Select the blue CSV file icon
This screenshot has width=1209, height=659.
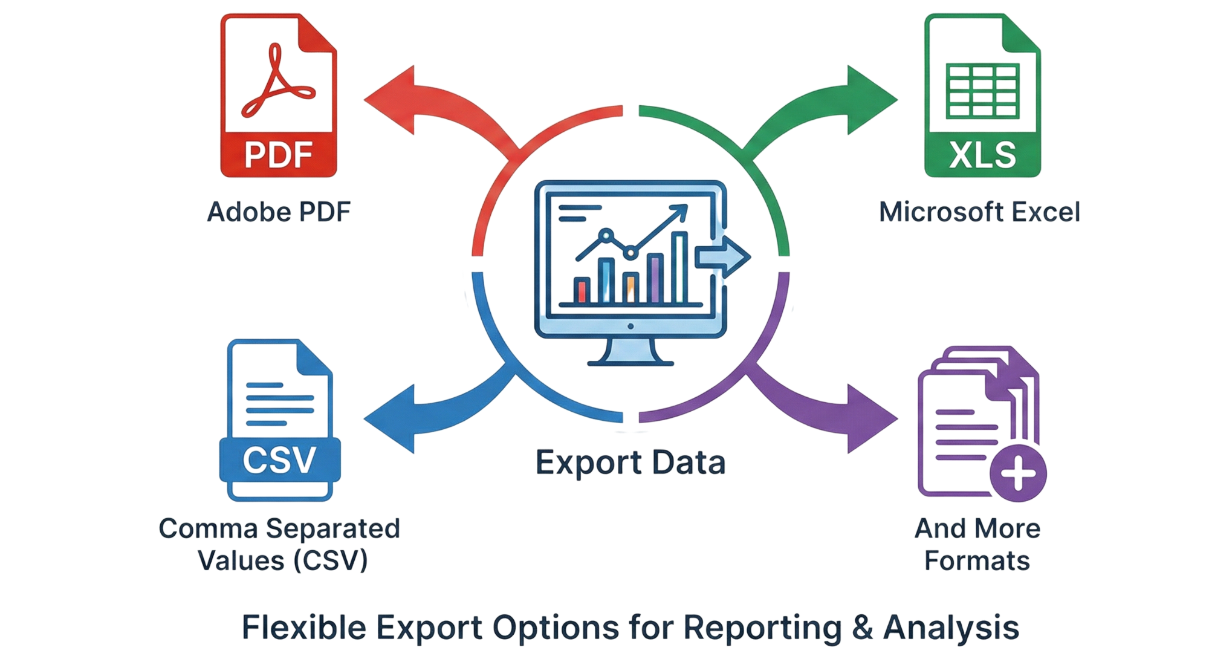[x=279, y=420]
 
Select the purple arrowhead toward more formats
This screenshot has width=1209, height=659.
[x=870, y=418]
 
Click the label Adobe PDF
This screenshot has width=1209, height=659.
[x=279, y=212]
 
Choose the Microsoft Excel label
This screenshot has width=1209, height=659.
[x=979, y=212]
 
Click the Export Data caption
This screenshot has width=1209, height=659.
[x=630, y=463]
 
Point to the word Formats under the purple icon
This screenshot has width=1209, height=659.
[x=977, y=561]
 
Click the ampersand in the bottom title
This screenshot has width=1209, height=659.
[x=863, y=628]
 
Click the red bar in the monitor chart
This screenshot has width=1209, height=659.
[x=583, y=290]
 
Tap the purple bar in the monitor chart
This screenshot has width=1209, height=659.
[x=655, y=278]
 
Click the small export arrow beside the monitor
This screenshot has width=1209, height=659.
[x=722, y=256]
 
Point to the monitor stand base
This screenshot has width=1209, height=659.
[x=630, y=362]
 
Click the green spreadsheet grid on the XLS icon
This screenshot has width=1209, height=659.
[x=982, y=93]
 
